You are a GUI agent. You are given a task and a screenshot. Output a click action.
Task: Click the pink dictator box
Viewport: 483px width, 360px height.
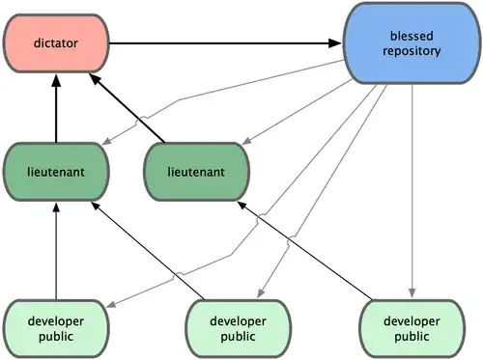point(56,42)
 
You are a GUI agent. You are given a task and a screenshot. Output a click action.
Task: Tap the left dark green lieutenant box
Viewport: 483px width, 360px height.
point(56,171)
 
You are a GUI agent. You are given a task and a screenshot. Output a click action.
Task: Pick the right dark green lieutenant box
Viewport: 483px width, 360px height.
point(197,171)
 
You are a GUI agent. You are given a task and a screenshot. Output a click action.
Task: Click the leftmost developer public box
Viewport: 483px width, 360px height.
point(56,327)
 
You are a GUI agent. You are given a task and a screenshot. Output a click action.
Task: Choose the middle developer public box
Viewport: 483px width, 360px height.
point(238,327)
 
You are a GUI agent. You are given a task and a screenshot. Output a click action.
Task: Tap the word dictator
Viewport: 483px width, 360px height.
point(56,42)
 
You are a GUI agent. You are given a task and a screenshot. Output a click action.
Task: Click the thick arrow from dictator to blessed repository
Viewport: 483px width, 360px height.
point(227,42)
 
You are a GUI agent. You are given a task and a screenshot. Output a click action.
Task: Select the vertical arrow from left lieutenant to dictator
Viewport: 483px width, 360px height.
point(56,111)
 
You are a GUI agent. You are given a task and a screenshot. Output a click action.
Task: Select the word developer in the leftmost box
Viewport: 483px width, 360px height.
point(56,318)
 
